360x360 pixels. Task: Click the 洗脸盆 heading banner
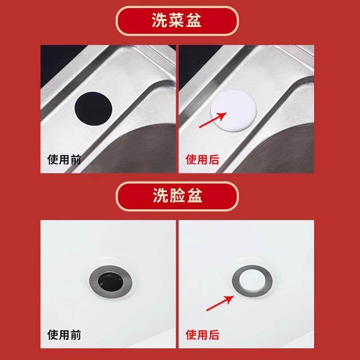coord(177,196)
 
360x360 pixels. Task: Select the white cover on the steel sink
coord(233,110)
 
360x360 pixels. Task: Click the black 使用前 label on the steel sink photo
coord(64,159)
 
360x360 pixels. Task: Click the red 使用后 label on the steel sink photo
coord(202,159)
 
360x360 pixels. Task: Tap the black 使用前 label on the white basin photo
coord(64,335)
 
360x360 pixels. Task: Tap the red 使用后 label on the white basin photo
coord(202,335)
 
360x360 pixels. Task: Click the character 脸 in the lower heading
coord(177,196)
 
